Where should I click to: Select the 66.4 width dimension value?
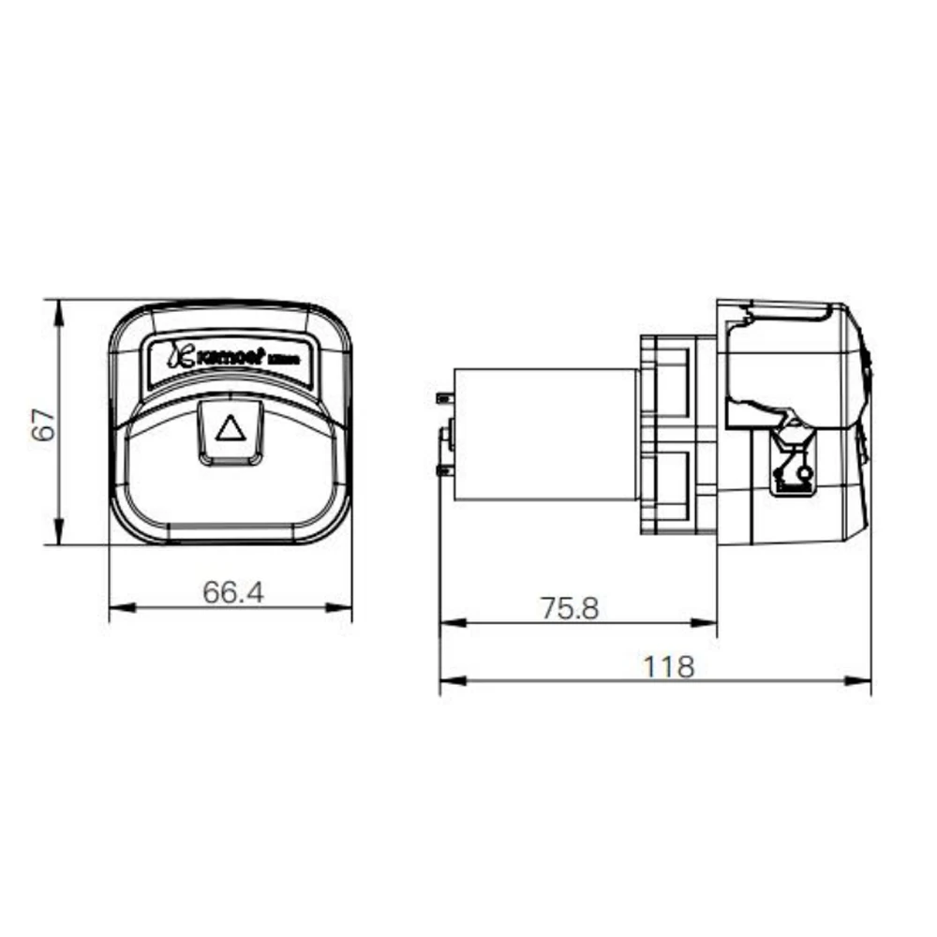coord(233,592)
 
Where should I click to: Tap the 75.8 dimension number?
coord(569,608)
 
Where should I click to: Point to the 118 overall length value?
coord(669,666)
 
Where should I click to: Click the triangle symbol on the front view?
coord(230,429)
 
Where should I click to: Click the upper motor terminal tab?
coord(442,398)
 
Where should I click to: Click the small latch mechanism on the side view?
coord(792,459)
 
